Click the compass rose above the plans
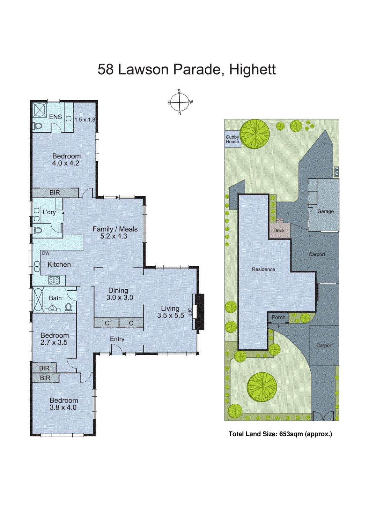pos(180,103)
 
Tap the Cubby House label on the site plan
pos(232,139)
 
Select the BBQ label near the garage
pos(336,172)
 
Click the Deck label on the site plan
pos(279,231)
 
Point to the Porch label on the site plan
pos(278,317)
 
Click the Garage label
pos(325,211)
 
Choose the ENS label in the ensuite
pos(55,117)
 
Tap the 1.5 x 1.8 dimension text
pos(85,120)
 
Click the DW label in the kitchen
pos(46,253)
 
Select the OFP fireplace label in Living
pos(190,312)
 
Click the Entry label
pos(117,339)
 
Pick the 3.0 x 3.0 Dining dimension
pos(120,298)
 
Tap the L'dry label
pos(49,212)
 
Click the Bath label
pos(55,298)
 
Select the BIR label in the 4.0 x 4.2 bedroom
pos(55,193)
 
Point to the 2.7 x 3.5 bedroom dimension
pos(54,343)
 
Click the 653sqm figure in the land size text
pos(291,434)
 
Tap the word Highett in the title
pos(252,69)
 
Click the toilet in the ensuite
pos(37,126)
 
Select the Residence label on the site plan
pos(263,270)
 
